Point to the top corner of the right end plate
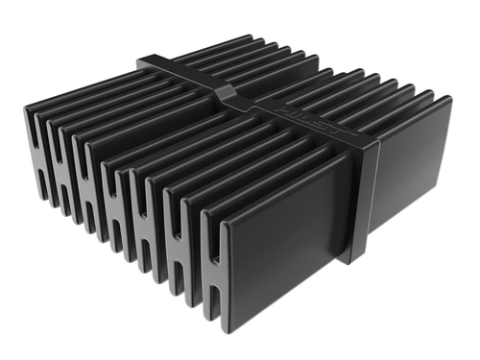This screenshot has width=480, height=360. pos(447,98)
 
